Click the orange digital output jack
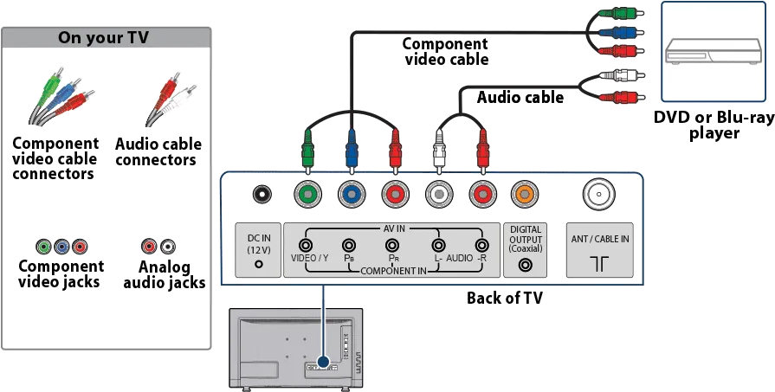point(525,194)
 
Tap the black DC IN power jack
point(262,194)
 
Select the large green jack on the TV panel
point(307,194)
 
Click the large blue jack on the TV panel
point(352,194)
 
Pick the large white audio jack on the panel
point(439,194)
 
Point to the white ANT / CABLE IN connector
point(599,194)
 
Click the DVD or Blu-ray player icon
point(714,51)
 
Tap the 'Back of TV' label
point(505,298)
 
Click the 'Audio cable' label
point(520,97)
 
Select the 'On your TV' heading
point(103,38)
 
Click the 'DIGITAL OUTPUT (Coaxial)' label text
point(526,239)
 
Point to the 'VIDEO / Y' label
point(310,258)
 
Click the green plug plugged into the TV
point(307,151)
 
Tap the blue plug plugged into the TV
point(352,151)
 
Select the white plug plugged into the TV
point(439,151)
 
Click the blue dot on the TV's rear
point(323,363)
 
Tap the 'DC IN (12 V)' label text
point(259,244)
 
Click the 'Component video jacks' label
point(61,274)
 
